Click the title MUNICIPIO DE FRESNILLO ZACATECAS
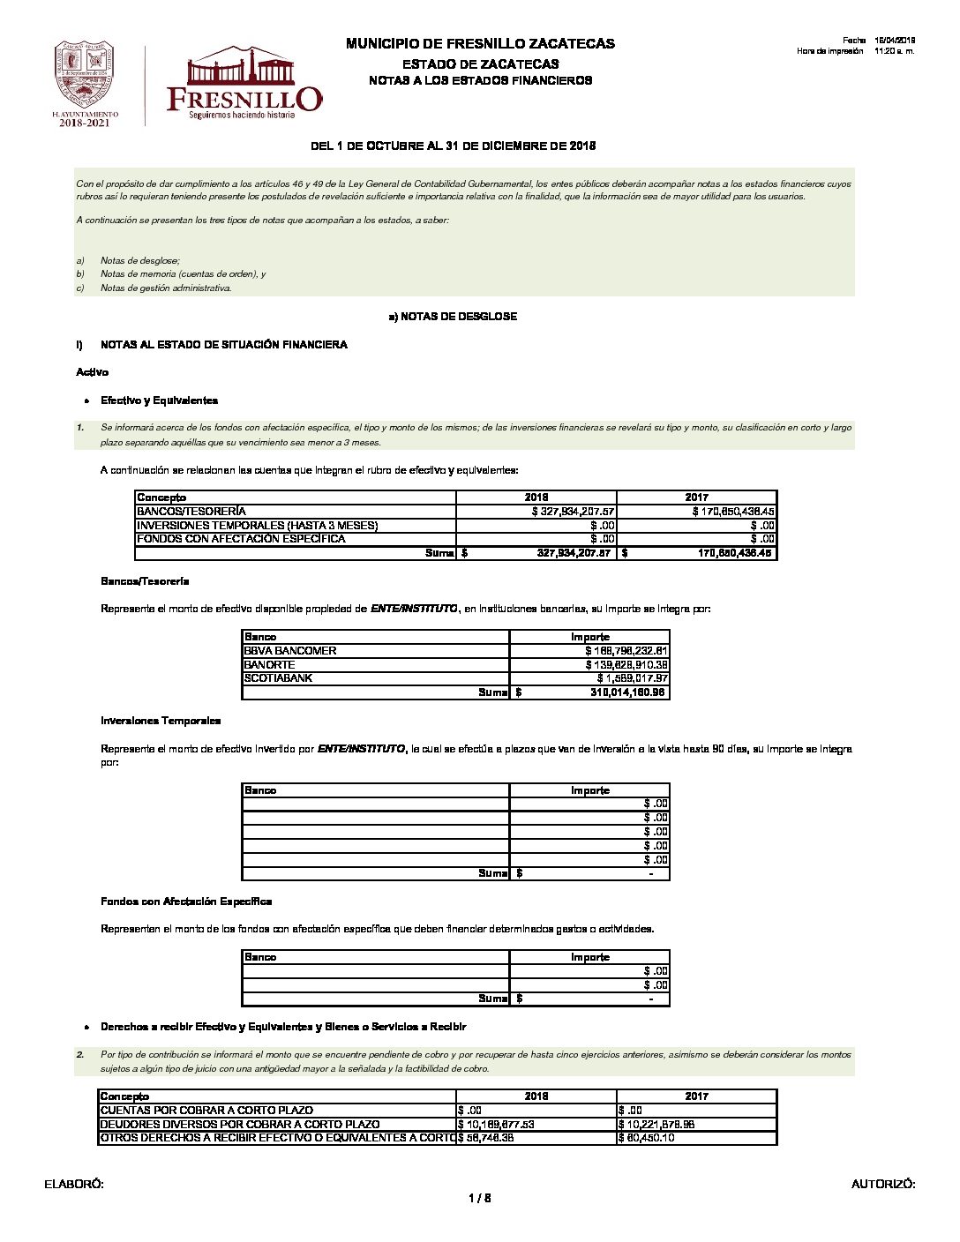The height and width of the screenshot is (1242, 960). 480,43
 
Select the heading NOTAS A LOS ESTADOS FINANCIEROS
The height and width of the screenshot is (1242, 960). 480,80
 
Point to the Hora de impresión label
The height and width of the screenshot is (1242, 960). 829,51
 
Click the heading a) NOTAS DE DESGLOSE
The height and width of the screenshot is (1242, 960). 453,316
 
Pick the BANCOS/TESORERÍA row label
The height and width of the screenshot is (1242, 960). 191,512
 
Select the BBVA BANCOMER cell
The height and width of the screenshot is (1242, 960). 290,651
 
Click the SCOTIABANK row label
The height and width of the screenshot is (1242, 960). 278,678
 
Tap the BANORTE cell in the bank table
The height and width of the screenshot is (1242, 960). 270,665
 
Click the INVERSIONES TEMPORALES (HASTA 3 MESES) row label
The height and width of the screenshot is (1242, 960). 257,526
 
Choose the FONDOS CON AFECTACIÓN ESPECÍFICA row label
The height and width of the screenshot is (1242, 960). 241,539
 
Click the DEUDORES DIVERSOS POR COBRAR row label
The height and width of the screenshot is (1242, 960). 240,1125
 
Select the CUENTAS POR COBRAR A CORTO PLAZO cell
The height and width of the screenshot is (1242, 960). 206,1111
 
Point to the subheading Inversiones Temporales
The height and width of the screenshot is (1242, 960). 161,721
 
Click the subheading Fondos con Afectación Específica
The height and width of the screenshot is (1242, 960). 186,902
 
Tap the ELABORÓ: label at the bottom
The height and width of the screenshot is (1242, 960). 74,1185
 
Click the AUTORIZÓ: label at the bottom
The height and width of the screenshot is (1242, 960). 883,1185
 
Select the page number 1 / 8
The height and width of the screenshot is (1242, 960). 480,1198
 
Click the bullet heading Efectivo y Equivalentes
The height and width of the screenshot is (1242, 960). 159,400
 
